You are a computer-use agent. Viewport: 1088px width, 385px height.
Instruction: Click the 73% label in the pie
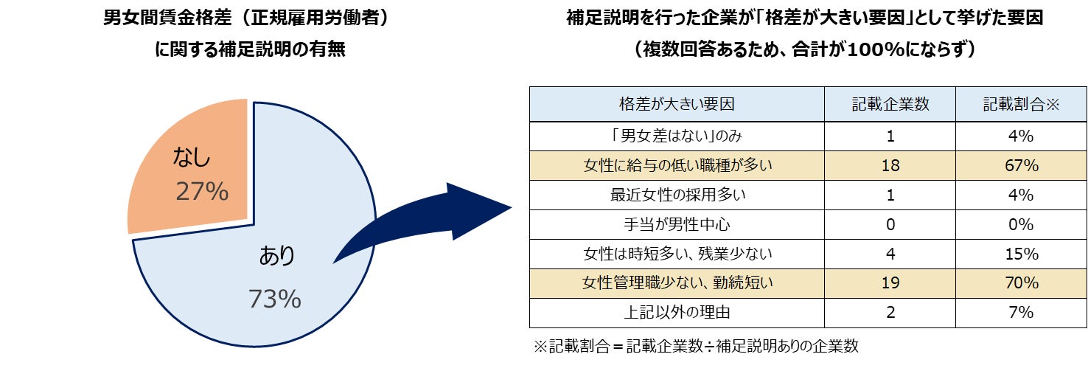(274, 299)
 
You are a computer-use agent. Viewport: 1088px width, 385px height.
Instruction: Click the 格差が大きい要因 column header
(677, 104)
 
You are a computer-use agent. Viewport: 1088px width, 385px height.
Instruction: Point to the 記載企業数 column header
(890, 104)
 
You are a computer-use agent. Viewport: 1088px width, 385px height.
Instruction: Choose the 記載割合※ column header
(1021, 104)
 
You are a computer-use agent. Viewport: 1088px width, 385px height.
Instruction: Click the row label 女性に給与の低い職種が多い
(677, 166)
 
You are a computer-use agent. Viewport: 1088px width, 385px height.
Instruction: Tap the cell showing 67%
(1021, 166)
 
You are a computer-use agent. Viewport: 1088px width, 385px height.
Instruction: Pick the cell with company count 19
(890, 282)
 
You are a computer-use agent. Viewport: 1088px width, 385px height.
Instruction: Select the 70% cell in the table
(1021, 282)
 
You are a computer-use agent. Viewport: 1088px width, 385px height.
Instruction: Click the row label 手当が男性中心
(677, 224)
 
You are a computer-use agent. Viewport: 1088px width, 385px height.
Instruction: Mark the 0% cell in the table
(1021, 224)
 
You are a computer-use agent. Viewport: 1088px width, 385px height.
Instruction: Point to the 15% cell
(1021, 254)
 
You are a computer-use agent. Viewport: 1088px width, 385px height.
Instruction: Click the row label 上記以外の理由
(677, 312)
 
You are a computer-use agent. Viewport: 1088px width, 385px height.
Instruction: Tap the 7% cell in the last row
(1021, 312)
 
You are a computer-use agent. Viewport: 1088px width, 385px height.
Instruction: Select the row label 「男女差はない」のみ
(677, 136)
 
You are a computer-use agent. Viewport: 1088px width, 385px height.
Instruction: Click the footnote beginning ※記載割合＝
(696, 347)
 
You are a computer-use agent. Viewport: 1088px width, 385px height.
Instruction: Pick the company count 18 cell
(890, 166)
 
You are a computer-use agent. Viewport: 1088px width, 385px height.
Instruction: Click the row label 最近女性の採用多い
(677, 195)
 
